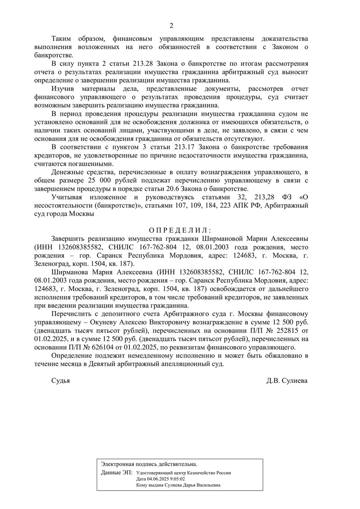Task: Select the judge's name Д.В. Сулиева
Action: [x=287, y=380]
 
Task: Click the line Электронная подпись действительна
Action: [x=148, y=464]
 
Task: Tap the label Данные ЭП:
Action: [x=117, y=473]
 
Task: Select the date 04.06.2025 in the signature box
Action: [x=160, y=479]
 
